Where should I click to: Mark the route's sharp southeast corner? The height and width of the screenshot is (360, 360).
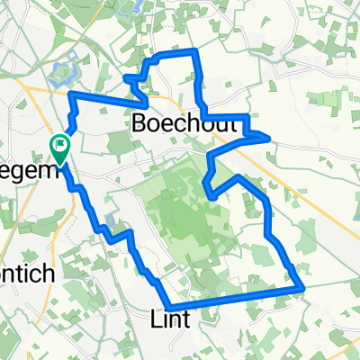[x=302, y=288]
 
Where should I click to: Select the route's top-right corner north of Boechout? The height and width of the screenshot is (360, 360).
[x=194, y=55]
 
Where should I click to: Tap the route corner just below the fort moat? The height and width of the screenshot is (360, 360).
[x=73, y=94]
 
